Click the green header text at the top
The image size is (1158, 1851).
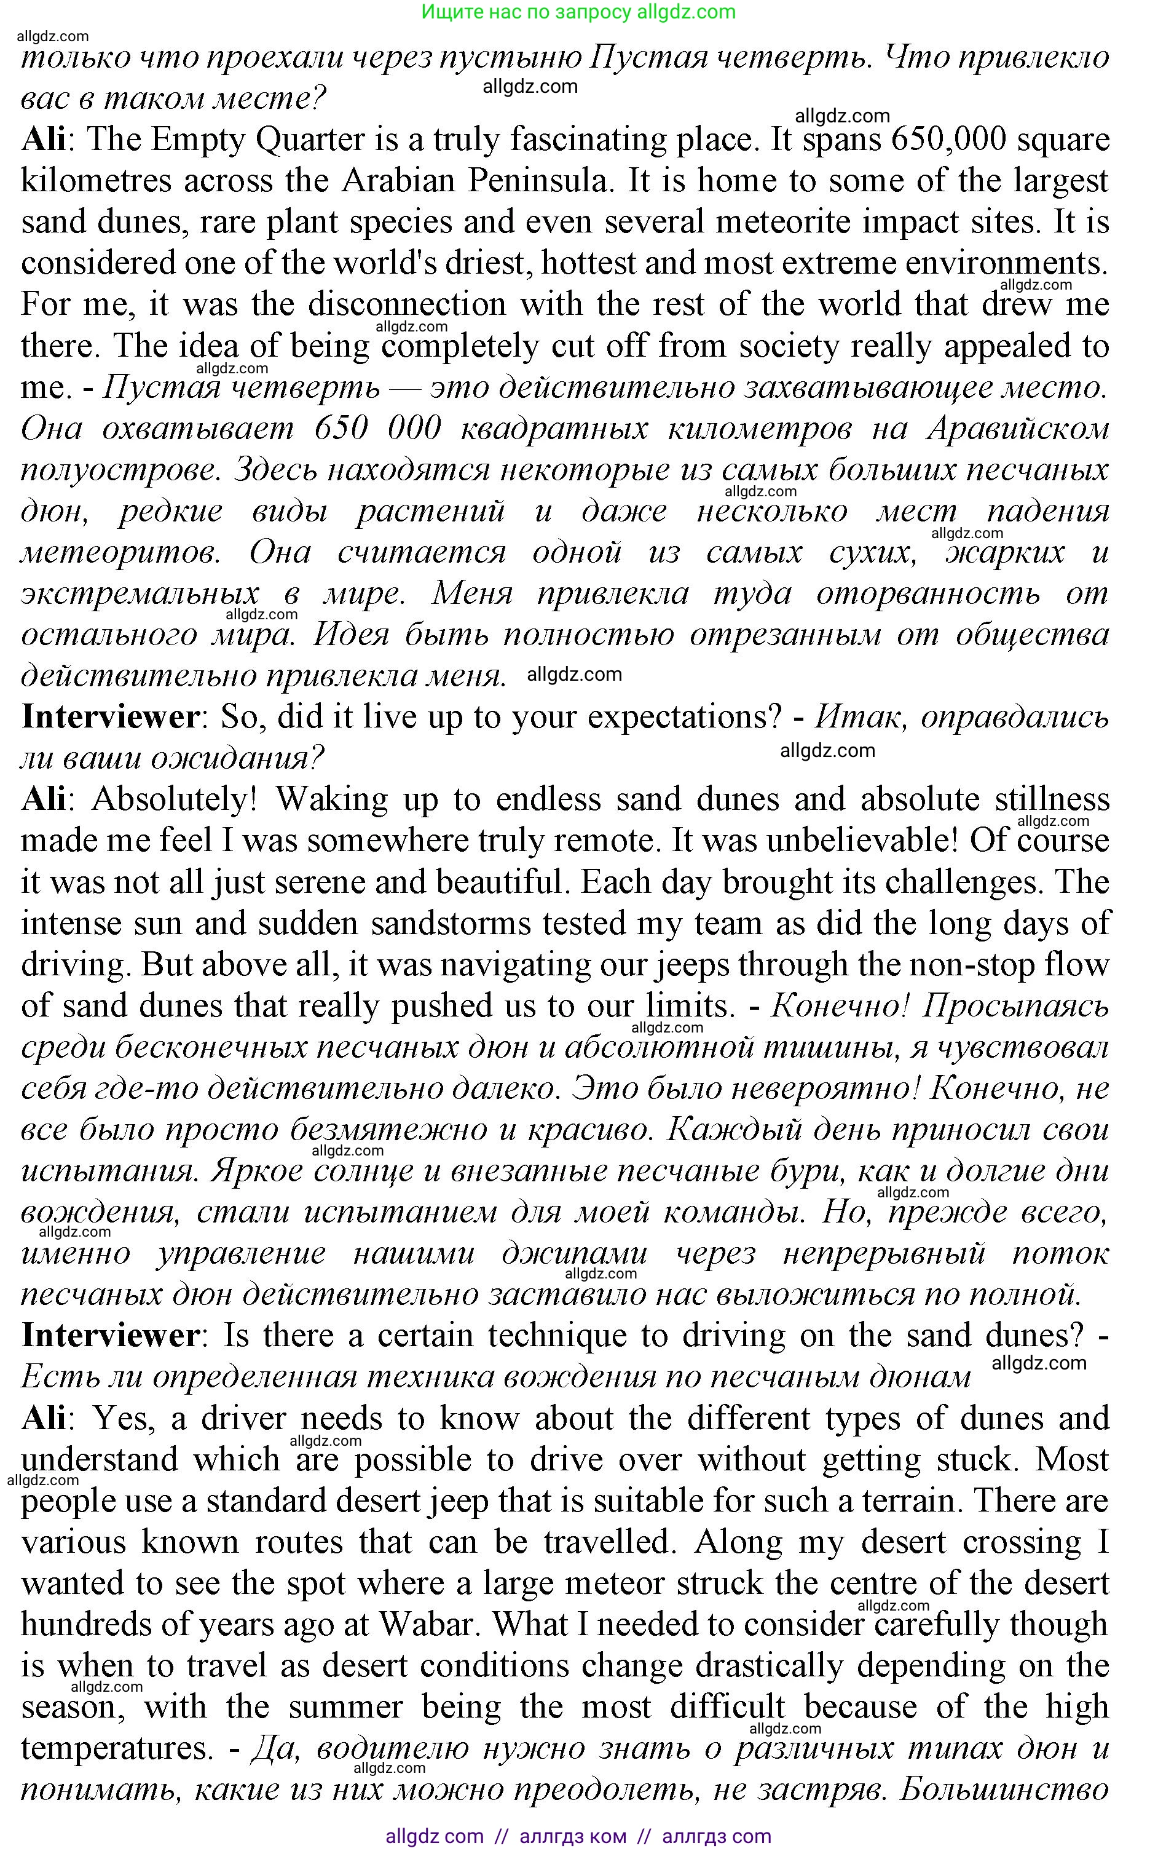coord(578,12)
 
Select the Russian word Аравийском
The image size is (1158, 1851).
coord(1018,428)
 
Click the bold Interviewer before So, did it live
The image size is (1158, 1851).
coord(110,718)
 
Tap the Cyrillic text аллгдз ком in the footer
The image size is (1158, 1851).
coord(572,1836)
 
